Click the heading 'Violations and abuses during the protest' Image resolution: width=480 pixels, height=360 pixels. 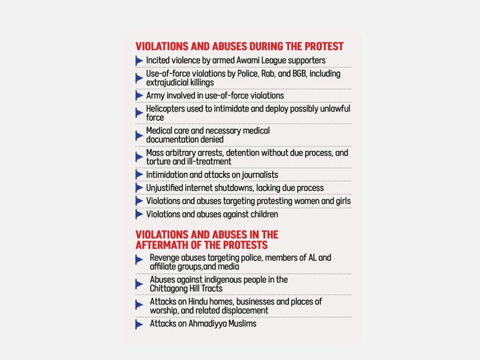pos(239,46)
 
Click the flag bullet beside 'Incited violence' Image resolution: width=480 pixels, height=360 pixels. pos(139,61)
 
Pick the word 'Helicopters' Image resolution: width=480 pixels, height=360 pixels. pos(169,109)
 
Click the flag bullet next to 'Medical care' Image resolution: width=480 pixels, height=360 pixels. pos(139,135)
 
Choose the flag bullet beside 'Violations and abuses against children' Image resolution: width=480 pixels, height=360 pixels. pos(139,214)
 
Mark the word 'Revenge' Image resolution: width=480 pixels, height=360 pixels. pos(166,257)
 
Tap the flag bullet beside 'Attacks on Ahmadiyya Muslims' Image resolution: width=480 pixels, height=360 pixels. pos(139,325)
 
